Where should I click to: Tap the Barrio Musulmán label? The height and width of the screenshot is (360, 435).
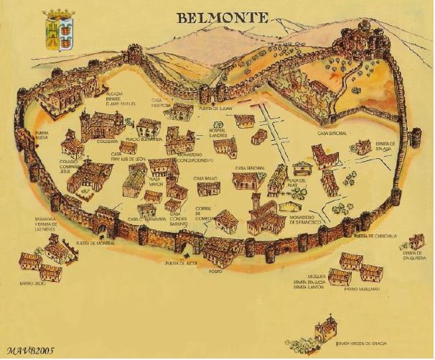360,290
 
